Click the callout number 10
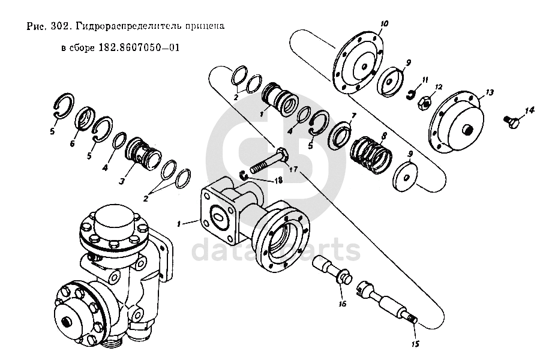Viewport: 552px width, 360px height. click(385, 23)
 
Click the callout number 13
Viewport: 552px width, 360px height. click(489, 92)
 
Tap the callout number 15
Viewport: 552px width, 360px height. click(415, 344)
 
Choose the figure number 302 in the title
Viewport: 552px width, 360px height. click(62, 27)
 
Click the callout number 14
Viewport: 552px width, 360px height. click(529, 110)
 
